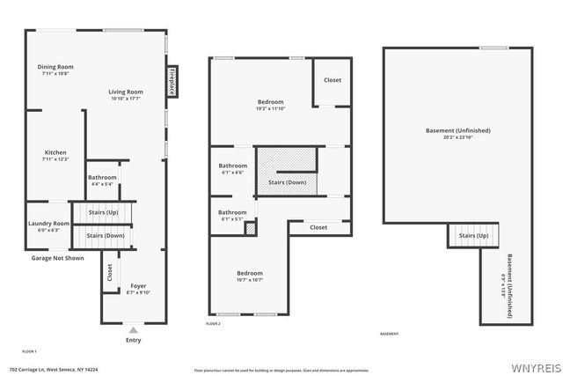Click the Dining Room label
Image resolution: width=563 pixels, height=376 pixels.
pos(55,70)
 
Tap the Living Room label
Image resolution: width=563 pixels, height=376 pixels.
pos(126,95)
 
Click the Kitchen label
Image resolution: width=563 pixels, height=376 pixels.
pos(55,156)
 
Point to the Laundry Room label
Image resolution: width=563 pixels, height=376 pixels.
pos(48,226)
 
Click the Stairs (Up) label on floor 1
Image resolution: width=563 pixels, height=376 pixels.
pos(105,213)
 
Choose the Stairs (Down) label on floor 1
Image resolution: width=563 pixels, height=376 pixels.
pos(105,236)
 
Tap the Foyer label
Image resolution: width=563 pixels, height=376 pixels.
pos(139,289)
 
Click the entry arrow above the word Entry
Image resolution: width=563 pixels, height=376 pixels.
pos(134,330)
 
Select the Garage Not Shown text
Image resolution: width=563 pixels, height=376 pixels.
pos(58,258)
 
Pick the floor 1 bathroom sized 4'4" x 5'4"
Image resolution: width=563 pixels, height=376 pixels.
pos(101,181)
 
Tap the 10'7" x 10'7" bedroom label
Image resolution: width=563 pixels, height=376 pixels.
pos(250,276)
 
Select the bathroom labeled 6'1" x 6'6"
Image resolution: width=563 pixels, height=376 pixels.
pos(233,168)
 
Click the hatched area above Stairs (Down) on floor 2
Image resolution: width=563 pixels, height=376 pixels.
pos(286,161)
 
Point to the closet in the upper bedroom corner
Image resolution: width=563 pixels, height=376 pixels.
pos(333,80)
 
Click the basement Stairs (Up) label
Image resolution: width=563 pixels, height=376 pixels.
pos(474,235)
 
